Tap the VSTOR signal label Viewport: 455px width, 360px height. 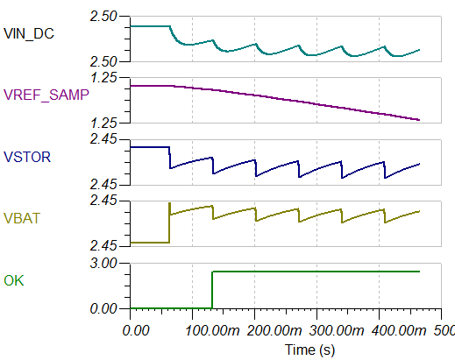[27, 158]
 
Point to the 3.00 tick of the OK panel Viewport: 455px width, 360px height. [104, 263]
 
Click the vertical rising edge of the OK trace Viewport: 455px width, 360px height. [212, 290]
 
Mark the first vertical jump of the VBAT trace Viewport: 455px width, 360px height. [169, 223]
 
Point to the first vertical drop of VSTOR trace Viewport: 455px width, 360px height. [169, 158]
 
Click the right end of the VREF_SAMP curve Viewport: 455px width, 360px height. [419, 120]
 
